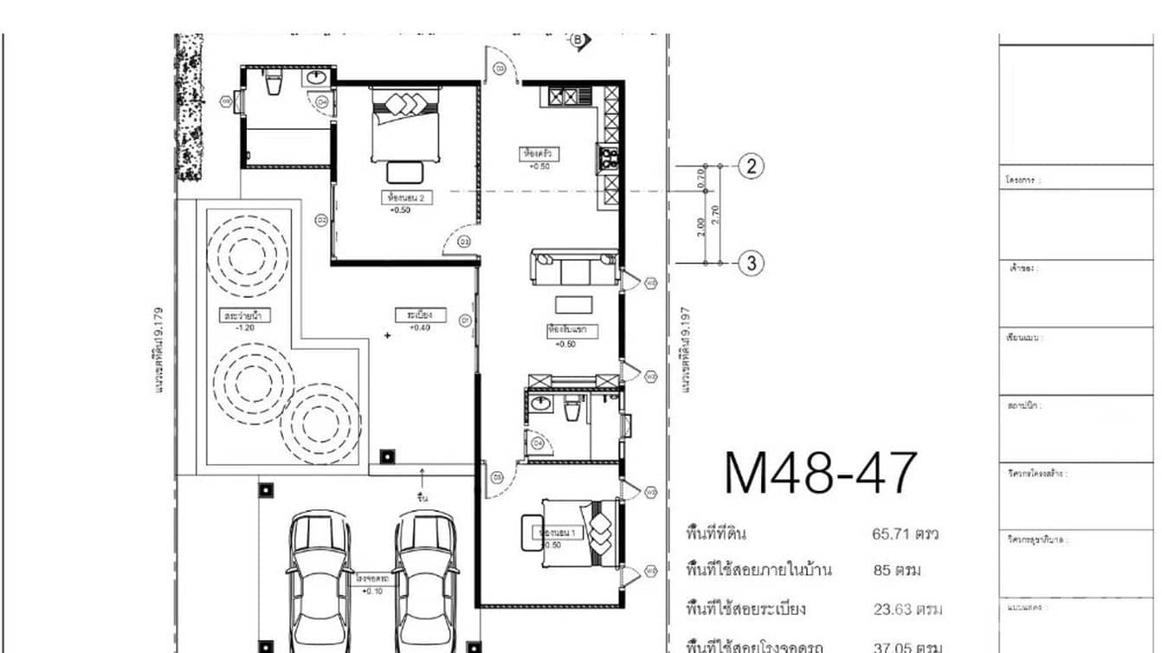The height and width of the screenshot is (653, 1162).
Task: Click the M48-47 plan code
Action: coord(819,473)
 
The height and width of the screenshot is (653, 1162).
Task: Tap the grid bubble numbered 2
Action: coord(751,166)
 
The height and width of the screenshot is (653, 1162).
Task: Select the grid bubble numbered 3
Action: coord(751,263)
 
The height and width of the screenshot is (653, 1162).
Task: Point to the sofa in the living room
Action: coord(575,268)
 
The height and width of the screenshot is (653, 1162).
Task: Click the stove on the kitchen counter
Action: coord(608,158)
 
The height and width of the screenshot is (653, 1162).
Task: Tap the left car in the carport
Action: coord(320,576)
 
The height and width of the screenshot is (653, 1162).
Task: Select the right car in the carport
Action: coord(426,576)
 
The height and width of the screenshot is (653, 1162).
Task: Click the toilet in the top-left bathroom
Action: coord(274,84)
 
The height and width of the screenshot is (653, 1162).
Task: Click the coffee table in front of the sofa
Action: coord(573,304)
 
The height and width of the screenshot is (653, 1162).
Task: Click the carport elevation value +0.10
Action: coord(374,591)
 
